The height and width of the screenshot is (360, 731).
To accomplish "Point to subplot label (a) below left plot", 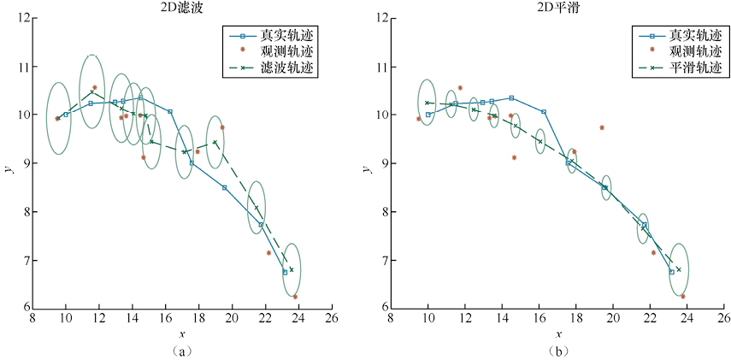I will [x=181, y=351].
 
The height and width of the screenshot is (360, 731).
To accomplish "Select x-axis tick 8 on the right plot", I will [x=391, y=318].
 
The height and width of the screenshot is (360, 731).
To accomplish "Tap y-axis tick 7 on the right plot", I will [x=380, y=260].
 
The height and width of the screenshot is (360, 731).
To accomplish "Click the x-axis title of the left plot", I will [x=181, y=333].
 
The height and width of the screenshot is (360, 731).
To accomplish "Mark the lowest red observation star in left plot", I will [x=295, y=297].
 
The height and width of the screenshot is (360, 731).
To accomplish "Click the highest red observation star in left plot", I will [x=94, y=87].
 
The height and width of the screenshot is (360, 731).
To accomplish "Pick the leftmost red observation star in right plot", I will [x=418, y=119].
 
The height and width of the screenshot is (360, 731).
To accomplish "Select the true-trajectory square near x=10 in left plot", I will [x=66, y=115].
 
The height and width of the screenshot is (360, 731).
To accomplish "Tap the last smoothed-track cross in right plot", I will [x=678, y=269].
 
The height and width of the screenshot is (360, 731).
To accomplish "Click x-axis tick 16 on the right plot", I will [x=540, y=318].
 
